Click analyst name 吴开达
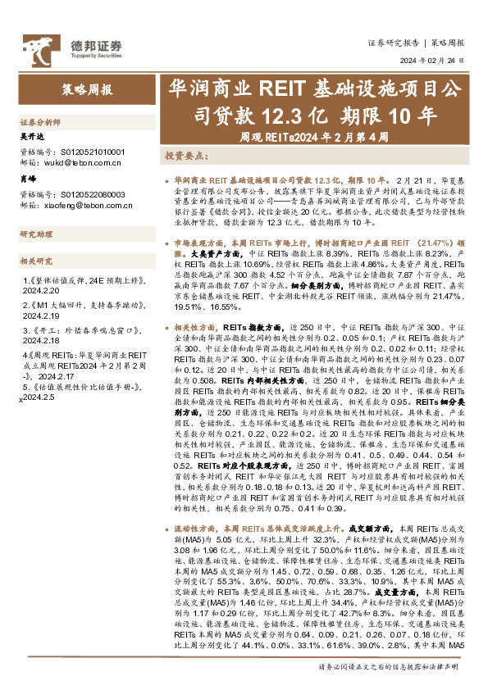click(x=30, y=137)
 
